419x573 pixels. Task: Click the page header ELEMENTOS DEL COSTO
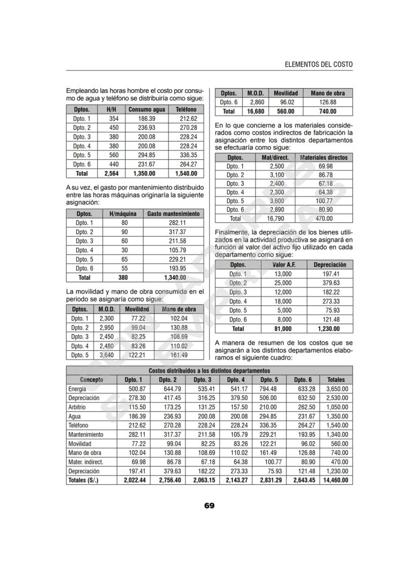pyautogui.click(x=318, y=65)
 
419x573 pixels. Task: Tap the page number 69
pyautogui.click(x=209, y=505)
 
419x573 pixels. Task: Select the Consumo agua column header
pyautogui.click(x=147, y=109)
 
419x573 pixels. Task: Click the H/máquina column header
pyautogui.click(x=122, y=214)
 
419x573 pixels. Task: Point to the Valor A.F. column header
pyautogui.click(x=283, y=265)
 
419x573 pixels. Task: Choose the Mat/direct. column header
pyautogui.click(x=275, y=157)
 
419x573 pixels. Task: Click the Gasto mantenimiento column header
pyautogui.click(x=173, y=214)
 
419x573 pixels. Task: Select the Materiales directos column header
pyautogui.click(x=323, y=157)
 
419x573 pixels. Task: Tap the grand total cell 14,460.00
pyautogui.click(x=336, y=480)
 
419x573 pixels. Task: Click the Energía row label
pyautogui.click(x=77, y=389)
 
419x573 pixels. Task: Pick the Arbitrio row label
pyautogui.click(x=77, y=407)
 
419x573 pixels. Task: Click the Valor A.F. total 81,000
pyautogui.click(x=283, y=329)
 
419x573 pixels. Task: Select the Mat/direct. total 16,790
pyautogui.click(x=275, y=219)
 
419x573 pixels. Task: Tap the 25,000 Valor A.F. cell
pyautogui.click(x=283, y=283)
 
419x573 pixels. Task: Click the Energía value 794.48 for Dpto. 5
pyautogui.click(x=268, y=389)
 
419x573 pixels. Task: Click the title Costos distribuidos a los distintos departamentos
pyautogui.click(x=209, y=371)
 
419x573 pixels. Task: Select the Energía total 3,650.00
pyautogui.click(x=336, y=389)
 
